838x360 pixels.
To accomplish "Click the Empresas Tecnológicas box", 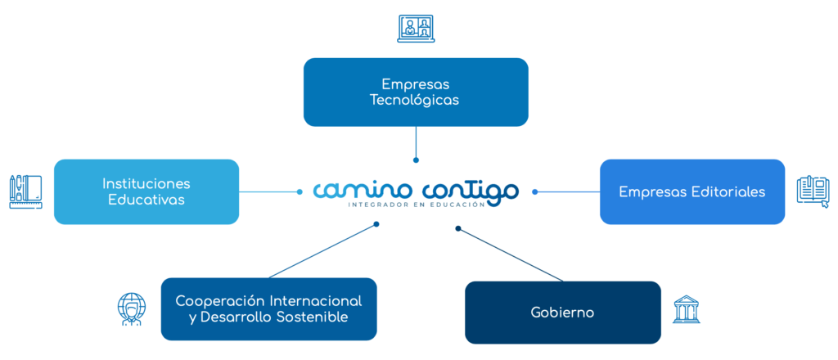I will tap(416, 92).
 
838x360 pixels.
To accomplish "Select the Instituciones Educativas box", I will tap(146, 191).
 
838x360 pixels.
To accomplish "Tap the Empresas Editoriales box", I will tap(692, 191).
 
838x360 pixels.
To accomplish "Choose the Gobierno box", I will tap(562, 313).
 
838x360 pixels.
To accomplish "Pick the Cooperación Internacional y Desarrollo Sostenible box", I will tap(268, 309).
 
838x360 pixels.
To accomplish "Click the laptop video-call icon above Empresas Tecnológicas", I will tap(416, 29).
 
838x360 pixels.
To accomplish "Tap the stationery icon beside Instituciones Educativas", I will tap(25, 191).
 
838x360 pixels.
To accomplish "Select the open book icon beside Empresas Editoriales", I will tap(813, 191).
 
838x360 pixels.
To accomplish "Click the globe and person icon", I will tap(131, 309).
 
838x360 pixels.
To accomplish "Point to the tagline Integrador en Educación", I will tap(417, 205).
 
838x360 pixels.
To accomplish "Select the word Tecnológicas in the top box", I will tap(416, 101).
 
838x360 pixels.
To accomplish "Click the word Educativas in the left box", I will tap(146, 200).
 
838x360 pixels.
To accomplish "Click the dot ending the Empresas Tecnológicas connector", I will tap(416, 160).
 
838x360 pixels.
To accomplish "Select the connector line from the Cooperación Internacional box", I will tap(321, 251).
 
